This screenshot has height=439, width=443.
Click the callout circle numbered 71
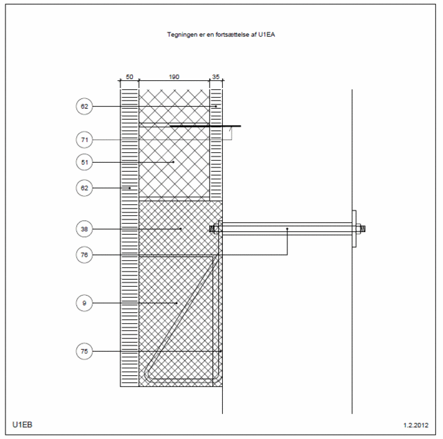click(x=84, y=140)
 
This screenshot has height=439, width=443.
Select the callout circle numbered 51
click(x=84, y=162)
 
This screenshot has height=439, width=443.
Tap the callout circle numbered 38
click(x=84, y=229)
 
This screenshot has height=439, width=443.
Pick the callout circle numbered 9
click(x=84, y=303)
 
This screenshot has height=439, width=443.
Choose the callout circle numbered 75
click(x=84, y=351)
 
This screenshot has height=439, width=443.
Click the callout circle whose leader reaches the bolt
click(x=84, y=255)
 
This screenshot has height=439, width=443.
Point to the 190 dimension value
click(x=174, y=77)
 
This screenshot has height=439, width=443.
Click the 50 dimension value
click(x=129, y=77)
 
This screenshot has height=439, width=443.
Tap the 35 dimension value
click(x=216, y=77)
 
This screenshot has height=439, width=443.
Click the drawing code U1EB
click(x=22, y=424)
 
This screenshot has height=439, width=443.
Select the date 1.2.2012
click(x=416, y=425)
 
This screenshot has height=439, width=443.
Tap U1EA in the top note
click(x=266, y=35)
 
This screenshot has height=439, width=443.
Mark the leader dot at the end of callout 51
click(x=174, y=162)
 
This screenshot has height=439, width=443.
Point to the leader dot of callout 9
click(x=177, y=303)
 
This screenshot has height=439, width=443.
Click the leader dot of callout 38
click(x=181, y=229)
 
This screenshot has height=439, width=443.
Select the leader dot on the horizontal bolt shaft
click(x=287, y=229)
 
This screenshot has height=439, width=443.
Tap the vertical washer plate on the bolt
click(x=354, y=229)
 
